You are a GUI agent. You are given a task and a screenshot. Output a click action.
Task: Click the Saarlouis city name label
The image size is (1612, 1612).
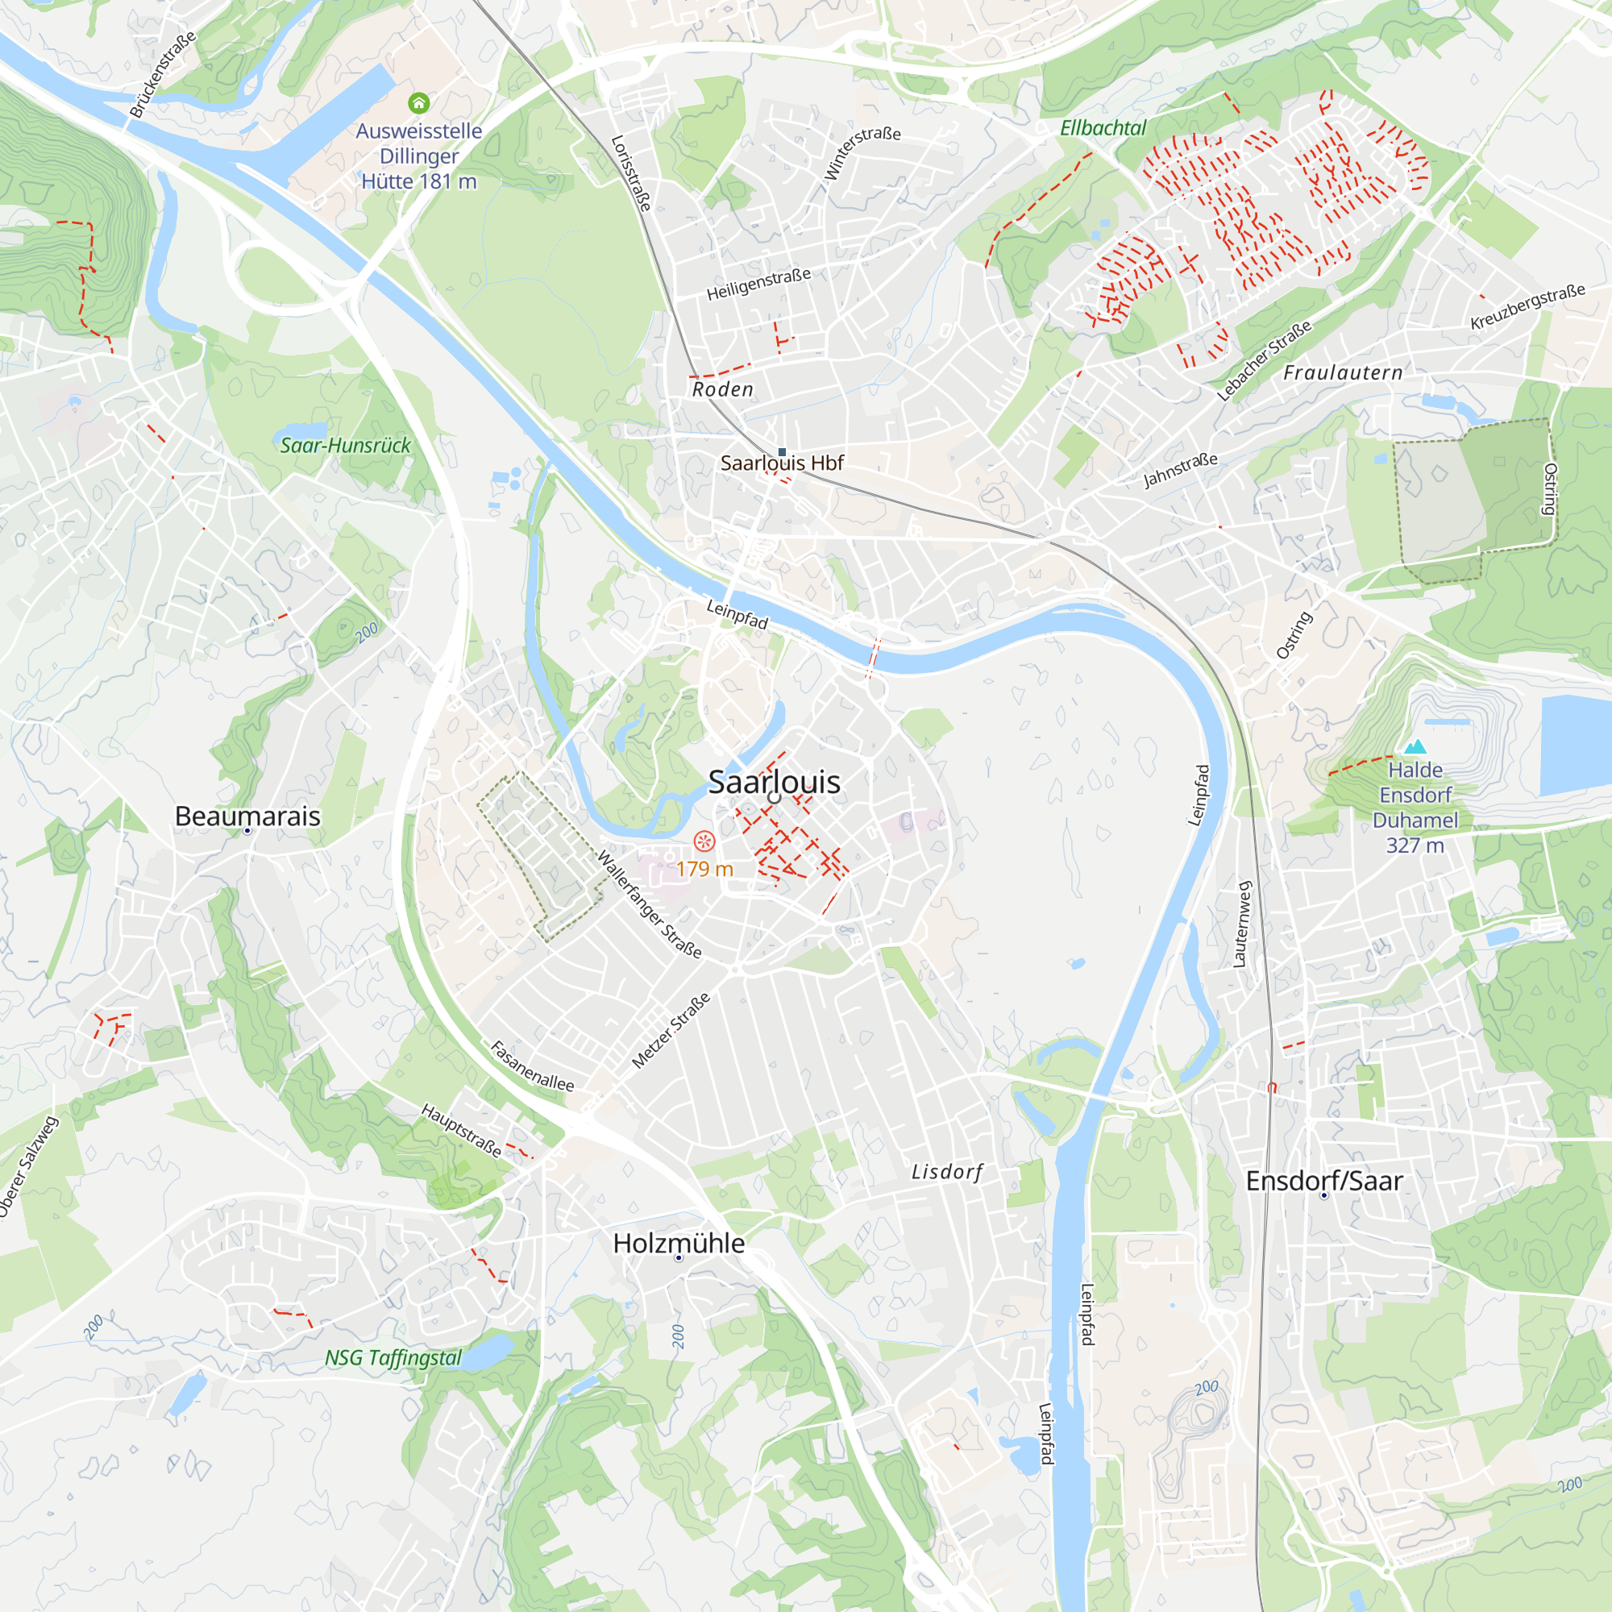(774, 782)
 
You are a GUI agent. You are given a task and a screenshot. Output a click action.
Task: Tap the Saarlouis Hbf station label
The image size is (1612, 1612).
(782, 463)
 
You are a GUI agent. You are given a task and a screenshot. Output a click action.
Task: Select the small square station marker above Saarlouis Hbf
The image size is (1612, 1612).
(782, 452)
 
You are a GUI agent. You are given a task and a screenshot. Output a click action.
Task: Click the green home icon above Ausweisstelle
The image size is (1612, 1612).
(419, 102)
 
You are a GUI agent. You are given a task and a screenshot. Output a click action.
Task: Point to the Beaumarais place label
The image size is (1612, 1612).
(247, 816)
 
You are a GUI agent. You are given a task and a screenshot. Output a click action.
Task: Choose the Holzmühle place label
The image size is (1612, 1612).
(679, 1243)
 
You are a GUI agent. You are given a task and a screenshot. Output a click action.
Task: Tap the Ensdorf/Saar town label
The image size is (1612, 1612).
(1323, 1181)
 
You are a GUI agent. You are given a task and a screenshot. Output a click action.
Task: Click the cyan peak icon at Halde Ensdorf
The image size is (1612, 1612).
(1415, 747)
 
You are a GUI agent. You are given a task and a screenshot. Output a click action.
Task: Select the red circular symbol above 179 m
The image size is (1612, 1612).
(704, 841)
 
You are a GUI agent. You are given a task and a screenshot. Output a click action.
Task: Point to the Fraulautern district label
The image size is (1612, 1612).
(1343, 373)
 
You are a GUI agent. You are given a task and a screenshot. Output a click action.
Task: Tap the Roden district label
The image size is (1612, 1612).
(722, 389)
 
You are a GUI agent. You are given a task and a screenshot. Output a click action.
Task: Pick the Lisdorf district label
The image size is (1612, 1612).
(947, 1172)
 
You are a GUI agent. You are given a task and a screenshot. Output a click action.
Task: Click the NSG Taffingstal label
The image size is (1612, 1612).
(393, 1357)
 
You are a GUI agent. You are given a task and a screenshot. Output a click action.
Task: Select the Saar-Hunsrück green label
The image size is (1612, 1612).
(346, 446)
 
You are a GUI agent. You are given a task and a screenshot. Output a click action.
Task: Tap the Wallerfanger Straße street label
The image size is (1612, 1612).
(649, 904)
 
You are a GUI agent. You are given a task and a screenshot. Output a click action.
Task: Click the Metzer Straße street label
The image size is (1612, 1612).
(671, 1029)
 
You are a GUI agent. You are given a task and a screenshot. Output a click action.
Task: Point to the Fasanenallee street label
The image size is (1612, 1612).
(531, 1066)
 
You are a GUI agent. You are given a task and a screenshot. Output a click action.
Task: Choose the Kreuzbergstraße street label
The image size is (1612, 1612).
(1527, 306)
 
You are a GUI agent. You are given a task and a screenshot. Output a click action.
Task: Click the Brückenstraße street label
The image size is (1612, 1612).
(163, 74)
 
